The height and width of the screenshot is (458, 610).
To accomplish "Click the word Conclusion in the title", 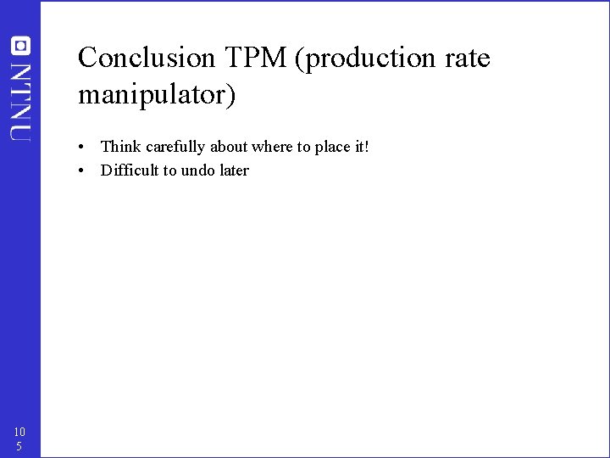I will [147, 59].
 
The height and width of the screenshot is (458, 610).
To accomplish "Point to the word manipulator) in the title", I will [157, 95].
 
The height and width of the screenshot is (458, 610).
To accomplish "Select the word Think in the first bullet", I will [120, 147].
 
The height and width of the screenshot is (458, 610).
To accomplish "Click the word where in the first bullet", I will [271, 147].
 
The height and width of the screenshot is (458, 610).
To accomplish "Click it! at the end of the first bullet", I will [363, 147].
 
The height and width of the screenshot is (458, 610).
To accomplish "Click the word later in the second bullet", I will [235, 170].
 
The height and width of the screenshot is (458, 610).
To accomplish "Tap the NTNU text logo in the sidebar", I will [20, 100].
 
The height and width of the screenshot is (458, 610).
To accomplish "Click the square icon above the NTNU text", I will [20, 46].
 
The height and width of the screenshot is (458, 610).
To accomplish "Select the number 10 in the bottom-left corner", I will [19, 432].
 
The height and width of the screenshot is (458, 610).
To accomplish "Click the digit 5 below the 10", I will [18, 446].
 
